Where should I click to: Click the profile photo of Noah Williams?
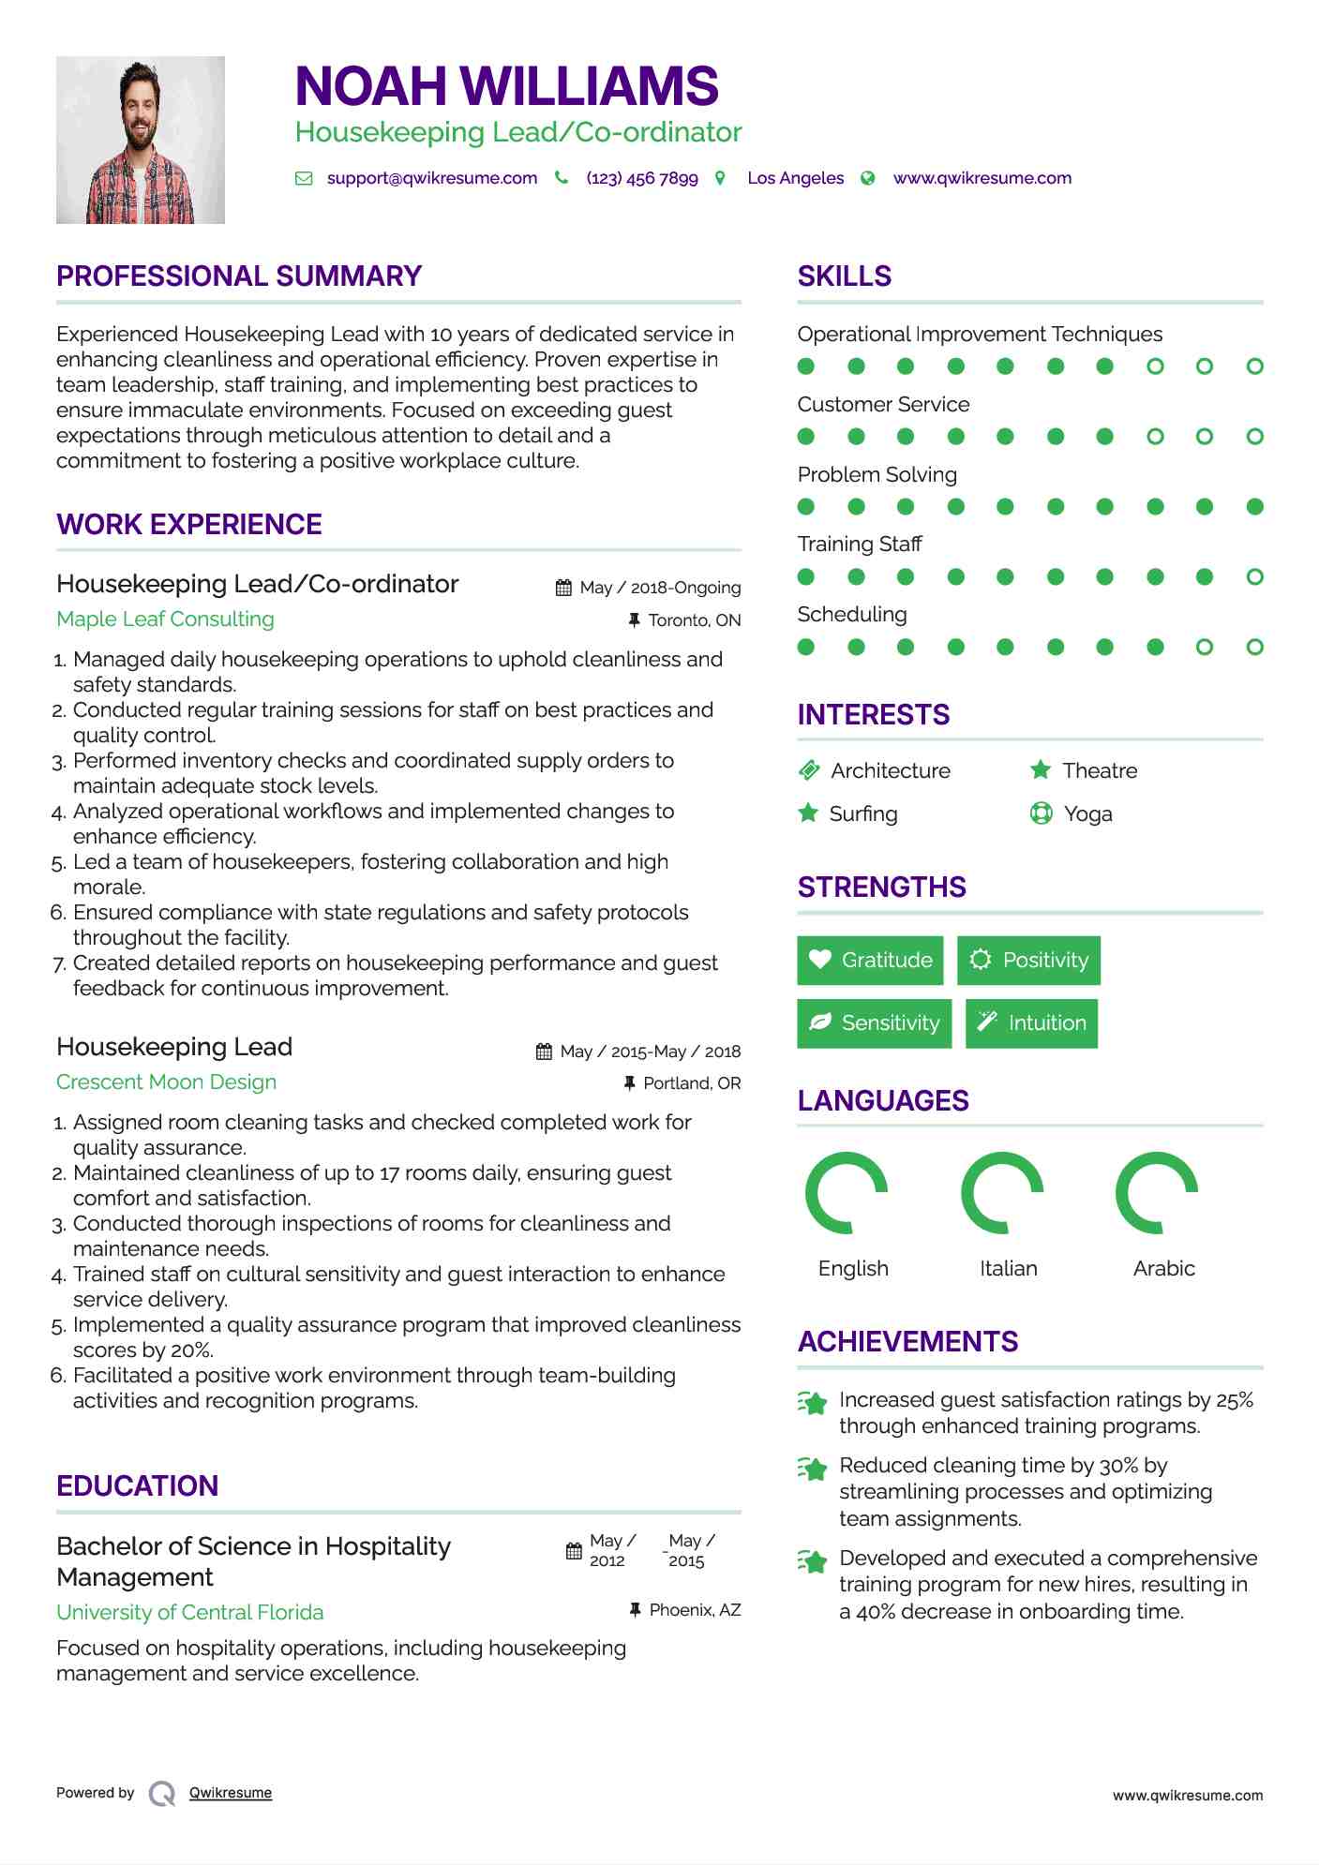(141, 141)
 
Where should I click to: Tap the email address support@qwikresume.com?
(431, 178)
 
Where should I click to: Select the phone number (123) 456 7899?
(642, 178)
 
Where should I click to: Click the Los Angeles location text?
(795, 178)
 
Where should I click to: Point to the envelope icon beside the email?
(304, 178)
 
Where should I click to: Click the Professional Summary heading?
(239, 276)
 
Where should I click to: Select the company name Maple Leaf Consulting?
(165, 619)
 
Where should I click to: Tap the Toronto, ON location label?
(694, 620)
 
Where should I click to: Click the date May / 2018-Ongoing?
(660, 588)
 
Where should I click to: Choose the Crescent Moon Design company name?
(166, 1082)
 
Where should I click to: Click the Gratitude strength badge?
(870, 961)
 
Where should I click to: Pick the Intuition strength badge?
(1031, 1023)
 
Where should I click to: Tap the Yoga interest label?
(1088, 814)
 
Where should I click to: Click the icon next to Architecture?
(809, 770)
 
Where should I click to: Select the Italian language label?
(1009, 1269)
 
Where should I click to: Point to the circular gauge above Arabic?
(1157, 1193)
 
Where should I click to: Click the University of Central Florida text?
(189, 1613)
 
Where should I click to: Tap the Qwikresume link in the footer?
(231, 1793)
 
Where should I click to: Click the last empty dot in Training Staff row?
(1255, 577)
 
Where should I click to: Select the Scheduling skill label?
(852, 615)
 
